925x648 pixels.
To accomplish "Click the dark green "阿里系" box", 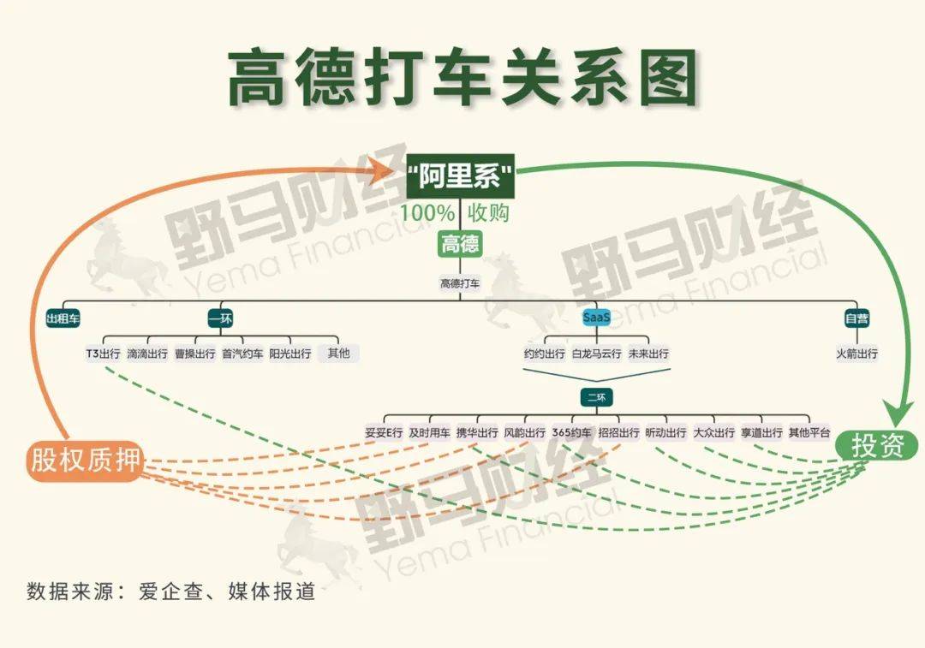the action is pos(460,175).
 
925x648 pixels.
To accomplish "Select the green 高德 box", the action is pos(460,243).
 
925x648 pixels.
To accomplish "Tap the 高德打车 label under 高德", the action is pos(460,283).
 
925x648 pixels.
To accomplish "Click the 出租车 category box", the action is pos(63,319).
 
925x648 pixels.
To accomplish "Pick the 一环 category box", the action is pos(221,319).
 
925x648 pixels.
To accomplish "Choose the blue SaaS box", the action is pos(596,318).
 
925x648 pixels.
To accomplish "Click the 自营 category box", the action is pos(856,319).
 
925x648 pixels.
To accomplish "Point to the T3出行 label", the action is pos(103,354).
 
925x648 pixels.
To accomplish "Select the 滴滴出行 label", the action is pos(147,354).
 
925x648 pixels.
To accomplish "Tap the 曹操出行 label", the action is pos(195,354).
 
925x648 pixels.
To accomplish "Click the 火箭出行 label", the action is pos(856,354).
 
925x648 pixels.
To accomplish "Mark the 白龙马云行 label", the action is pos(596,354).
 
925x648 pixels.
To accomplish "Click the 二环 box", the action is pos(596,397).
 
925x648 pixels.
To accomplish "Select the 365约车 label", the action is pos(571,432).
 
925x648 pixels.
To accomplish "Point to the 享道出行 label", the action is pos(761,432).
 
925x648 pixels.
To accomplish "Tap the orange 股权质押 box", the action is pos(84,460).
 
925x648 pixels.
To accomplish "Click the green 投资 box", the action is pos(877,446).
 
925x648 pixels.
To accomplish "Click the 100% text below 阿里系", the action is pos(427,213).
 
